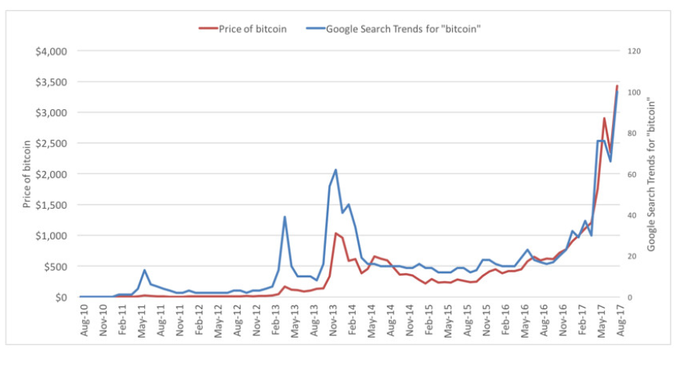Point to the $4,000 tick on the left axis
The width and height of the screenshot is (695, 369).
pyautogui.click(x=50, y=51)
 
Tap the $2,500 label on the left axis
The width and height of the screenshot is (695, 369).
pyautogui.click(x=50, y=143)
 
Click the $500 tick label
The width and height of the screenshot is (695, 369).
pyautogui.click(x=55, y=266)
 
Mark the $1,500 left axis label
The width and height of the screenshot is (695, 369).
pyautogui.click(x=50, y=205)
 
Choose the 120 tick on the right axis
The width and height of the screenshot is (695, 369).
pyautogui.click(x=634, y=51)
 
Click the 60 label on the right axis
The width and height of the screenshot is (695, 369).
pyautogui.click(x=632, y=174)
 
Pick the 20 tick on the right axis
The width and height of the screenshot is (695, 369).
pyautogui.click(x=632, y=256)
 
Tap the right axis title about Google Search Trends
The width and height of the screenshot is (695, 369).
pyautogui.click(x=652, y=174)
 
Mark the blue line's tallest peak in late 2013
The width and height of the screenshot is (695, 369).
pyautogui.click(x=335, y=170)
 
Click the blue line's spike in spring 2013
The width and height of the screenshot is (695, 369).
pyautogui.click(x=284, y=217)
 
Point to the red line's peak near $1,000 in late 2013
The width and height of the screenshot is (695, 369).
pyautogui.click(x=335, y=233)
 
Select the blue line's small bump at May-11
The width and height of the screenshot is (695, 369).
pyautogui.click(x=144, y=270)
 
